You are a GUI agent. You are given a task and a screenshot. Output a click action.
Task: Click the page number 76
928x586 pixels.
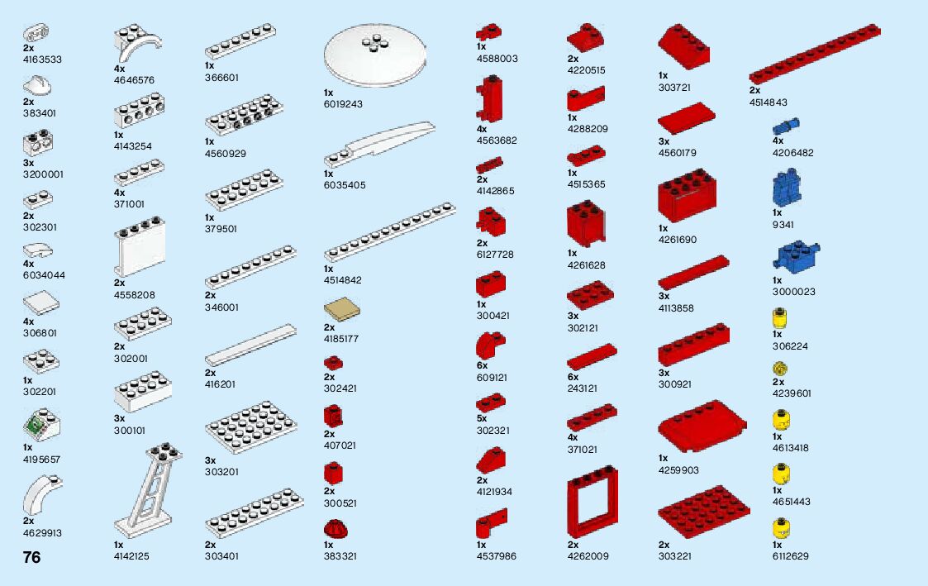click(31, 557)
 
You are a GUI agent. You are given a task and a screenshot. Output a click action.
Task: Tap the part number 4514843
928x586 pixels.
click(768, 102)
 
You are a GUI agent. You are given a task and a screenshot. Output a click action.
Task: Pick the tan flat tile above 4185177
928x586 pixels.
click(341, 312)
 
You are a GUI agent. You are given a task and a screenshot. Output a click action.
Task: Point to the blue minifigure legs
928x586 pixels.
click(786, 189)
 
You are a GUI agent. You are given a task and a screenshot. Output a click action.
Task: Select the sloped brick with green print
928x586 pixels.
click(38, 426)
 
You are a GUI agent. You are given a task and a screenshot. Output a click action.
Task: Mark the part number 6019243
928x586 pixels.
click(343, 104)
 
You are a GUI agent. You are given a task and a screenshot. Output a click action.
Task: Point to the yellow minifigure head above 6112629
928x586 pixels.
click(778, 527)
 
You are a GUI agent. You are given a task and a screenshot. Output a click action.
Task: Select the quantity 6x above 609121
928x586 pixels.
click(482, 365)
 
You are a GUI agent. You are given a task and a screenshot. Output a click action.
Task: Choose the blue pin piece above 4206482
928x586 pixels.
click(787, 126)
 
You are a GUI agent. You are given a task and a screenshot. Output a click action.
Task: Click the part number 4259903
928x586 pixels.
click(678, 469)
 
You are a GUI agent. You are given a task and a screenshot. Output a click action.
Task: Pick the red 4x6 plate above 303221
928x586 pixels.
click(704, 512)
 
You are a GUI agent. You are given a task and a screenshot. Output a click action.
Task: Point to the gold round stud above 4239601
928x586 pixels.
click(778, 368)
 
